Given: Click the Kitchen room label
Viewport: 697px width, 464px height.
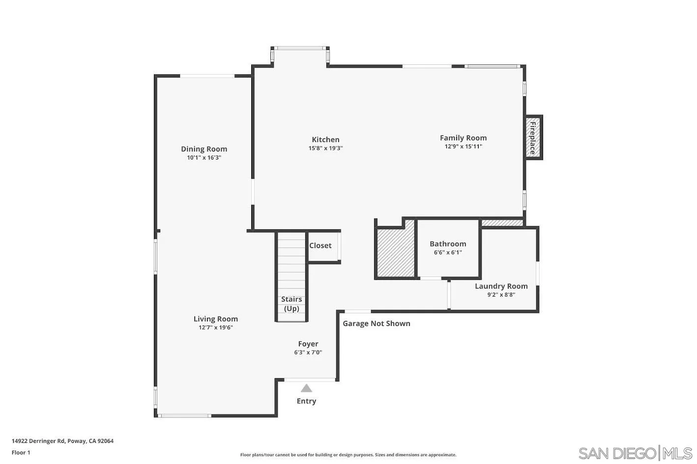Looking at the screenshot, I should pos(325,139).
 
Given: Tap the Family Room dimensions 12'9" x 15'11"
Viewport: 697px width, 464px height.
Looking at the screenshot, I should pos(463,146).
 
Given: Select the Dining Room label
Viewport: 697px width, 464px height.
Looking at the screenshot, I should pos(204,149).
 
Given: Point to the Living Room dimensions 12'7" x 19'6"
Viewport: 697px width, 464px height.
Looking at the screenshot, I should pos(215,328).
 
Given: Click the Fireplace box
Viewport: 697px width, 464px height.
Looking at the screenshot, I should pos(533,137).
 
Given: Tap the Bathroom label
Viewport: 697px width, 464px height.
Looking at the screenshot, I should pos(447,244).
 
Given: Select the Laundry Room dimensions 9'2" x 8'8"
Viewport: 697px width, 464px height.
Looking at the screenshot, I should pos(501,295).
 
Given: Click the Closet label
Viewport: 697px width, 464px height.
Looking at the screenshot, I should pos(320,246).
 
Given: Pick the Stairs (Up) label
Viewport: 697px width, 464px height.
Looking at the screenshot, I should pos(291,304).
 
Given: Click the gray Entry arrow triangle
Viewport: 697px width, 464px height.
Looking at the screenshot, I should pos(306,388).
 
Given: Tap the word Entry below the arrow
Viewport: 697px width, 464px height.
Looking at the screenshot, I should pos(306,401).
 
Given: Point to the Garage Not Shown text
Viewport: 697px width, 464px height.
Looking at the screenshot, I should pos(376,323).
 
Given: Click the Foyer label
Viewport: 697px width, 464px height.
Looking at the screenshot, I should pos(308,344).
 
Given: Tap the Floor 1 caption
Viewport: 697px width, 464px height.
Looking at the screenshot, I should pos(21,453).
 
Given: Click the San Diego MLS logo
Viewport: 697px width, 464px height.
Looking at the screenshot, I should pos(635,452).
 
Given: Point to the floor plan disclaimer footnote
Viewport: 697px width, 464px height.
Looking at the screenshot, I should pos(348,455).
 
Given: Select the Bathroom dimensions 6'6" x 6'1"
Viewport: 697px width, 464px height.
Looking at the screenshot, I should pos(447,252).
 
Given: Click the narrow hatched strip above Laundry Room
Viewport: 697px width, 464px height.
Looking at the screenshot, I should pos(502,223).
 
